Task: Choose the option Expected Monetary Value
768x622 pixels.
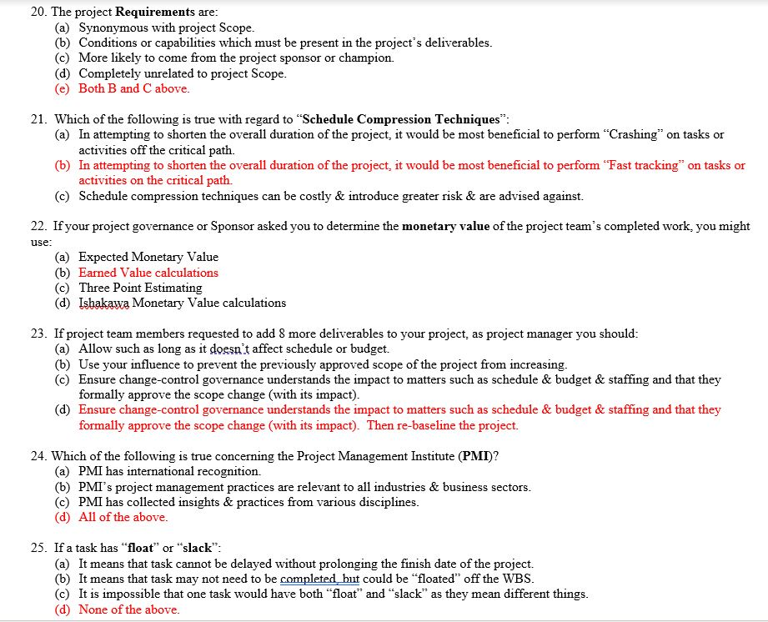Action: pyautogui.click(x=148, y=257)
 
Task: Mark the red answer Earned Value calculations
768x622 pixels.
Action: pyautogui.click(x=148, y=273)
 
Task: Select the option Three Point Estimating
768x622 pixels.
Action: pyautogui.click(x=140, y=288)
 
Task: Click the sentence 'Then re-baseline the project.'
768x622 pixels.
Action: pyautogui.click(x=443, y=425)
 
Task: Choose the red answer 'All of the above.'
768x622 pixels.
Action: pyautogui.click(x=123, y=517)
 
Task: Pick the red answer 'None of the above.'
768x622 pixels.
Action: pyautogui.click(x=128, y=609)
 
